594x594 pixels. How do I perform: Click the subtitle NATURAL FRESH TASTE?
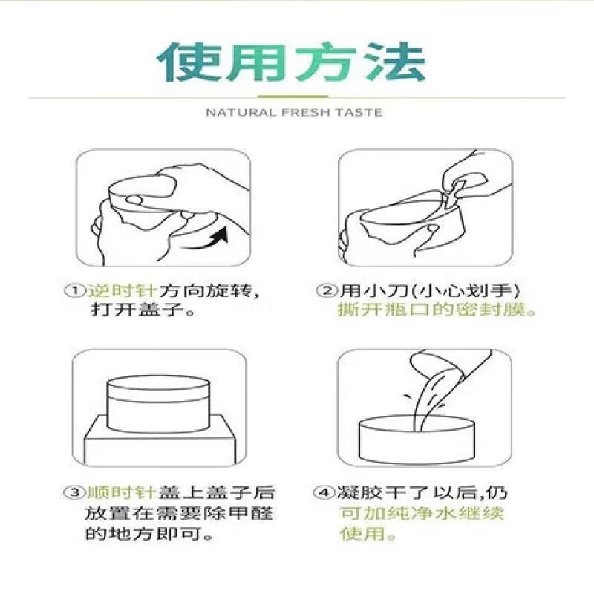(293, 113)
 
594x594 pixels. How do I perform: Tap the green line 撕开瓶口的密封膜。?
(437, 310)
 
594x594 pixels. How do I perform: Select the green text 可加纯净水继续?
(422, 513)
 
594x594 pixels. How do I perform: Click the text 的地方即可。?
(141, 534)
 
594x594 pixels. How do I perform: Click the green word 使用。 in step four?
(368, 534)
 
